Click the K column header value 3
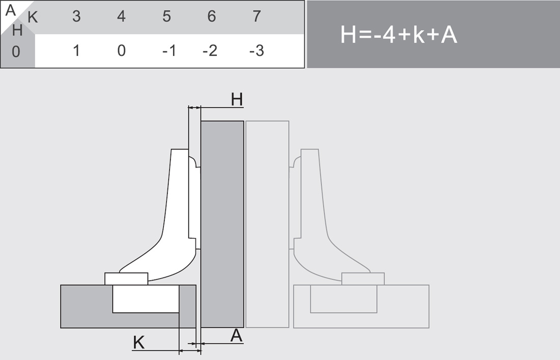[x=76, y=16]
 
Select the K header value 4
[x=122, y=16]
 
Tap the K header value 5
[x=166, y=16]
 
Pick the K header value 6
[x=211, y=16]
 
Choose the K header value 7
[x=257, y=16]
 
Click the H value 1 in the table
[x=76, y=51]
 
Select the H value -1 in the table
[x=170, y=51]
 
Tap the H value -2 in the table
[x=210, y=51]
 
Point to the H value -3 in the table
[x=257, y=51]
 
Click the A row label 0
[x=16, y=52]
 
